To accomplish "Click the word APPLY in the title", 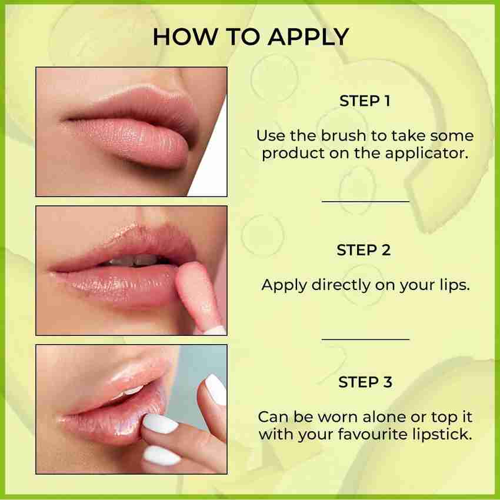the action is tap(308, 37).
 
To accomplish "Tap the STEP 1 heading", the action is tap(365, 101).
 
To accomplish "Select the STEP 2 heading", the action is tap(364, 250).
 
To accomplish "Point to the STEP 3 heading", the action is tap(365, 382).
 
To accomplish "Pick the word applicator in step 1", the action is tap(427, 154).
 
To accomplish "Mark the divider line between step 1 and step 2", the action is tap(365, 202).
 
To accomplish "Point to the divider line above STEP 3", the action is tap(365, 339).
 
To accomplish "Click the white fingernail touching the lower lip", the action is tap(160, 424).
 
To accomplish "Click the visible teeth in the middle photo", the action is tap(134, 260).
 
